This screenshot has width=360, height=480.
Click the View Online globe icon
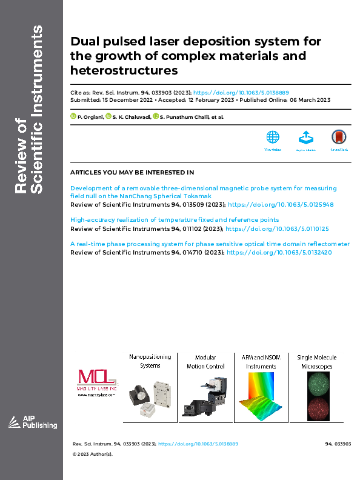pyautogui.click(x=273, y=137)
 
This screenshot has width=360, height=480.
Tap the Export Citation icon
pyautogui.click(x=305, y=137)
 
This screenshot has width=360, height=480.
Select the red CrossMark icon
pyautogui.click(x=338, y=137)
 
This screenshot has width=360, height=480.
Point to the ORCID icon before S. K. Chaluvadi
pyautogui.click(x=107, y=116)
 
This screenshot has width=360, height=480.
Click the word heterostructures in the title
pyautogui.click(x=124, y=70)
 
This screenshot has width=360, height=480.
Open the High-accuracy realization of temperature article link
pyautogui.click(x=175, y=219)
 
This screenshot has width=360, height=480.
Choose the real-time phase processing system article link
pyautogui.click(x=210, y=244)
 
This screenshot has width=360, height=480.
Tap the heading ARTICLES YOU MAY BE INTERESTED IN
pyautogui.click(x=132, y=173)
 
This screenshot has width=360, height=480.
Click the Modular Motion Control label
pyautogui.click(x=205, y=362)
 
